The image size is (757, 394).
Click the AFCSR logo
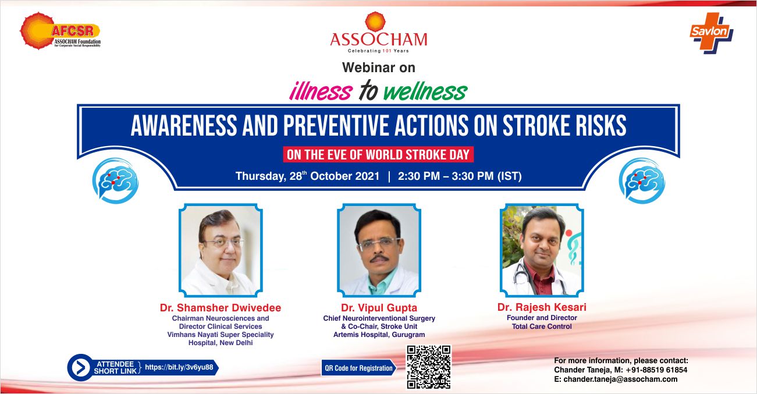click(x=60, y=31)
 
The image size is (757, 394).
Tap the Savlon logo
click(x=712, y=33)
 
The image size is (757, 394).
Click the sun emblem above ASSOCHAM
click(x=375, y=22)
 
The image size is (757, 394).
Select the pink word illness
click(x=321, y=91)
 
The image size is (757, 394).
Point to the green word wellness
click(x=425, y=91)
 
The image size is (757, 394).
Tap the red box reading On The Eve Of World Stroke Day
click(x=378, y=155)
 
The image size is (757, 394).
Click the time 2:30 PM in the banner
click(x=419, y=176)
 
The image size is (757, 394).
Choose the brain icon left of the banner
click(x=115, y=181)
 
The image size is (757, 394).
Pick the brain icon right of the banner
click(x=642, y=181)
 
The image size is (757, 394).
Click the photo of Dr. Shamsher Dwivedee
click(x=221, y=250)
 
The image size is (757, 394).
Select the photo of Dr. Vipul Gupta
click(x=379, y=250)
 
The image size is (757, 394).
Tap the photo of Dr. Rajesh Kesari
click(x=542, y=250)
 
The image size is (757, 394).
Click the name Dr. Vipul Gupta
click(x=379, y=308)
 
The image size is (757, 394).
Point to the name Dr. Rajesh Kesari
click(x=542, y=307)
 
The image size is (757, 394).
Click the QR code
click(x=429, y=367)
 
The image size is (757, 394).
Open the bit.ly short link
click(x=179, y=367)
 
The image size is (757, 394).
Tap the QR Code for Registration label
click(x=358, y=368)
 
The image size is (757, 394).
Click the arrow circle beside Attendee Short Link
click(x=80, y=368)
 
